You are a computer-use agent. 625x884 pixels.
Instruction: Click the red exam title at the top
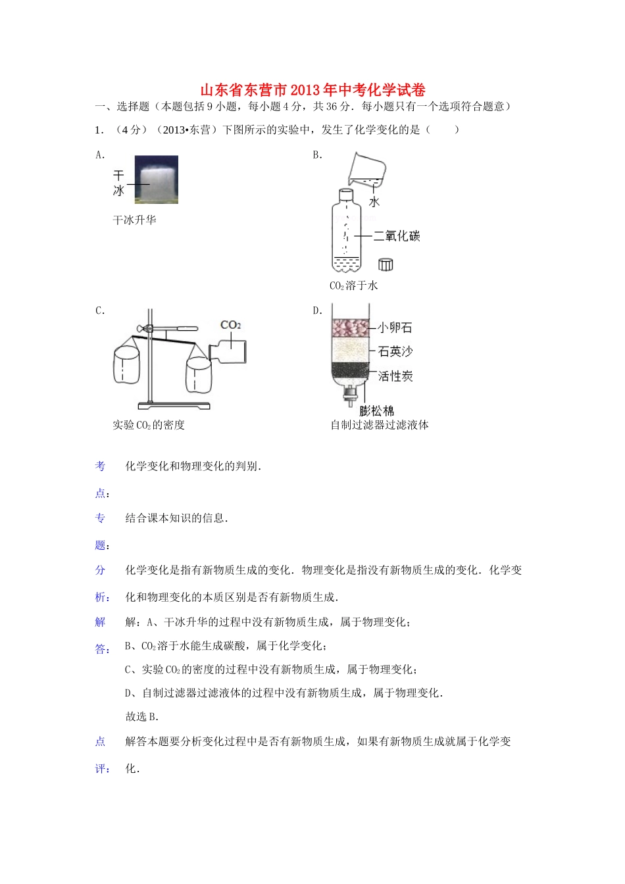pos(312,90)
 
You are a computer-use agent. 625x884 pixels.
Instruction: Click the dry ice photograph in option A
pos(157,180)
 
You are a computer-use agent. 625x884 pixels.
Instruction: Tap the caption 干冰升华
pos(135,220)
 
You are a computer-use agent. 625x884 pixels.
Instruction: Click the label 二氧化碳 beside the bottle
pos(397,236)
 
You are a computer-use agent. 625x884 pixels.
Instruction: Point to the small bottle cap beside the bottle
pos(386,264)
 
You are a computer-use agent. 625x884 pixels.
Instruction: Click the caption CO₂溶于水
pos(354,285)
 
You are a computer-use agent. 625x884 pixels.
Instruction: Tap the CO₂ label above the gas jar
pos(231,325)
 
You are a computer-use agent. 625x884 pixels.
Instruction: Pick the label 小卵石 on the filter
pos(395,328)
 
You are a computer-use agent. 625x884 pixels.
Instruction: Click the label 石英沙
pos(395,352)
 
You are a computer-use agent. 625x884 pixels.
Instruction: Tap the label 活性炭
pos(395,376)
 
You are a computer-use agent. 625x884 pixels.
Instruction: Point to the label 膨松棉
pos(377,411)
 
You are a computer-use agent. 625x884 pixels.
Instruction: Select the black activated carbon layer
pos(351,373)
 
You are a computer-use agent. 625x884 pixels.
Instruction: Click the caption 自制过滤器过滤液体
pos(380,425)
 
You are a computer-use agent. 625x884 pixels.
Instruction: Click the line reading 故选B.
pos(142,717)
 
